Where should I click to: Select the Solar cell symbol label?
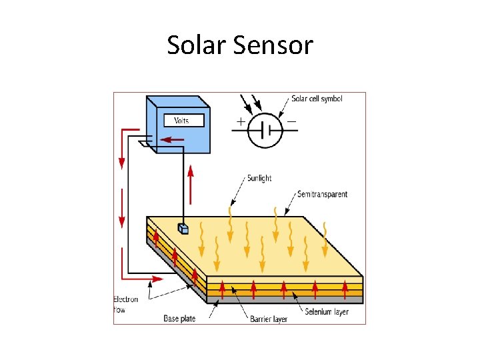tap(317, 99)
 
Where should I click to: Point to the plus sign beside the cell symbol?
tap(239, 122)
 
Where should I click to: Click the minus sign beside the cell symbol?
tap(292, 122)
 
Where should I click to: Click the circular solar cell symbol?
tap(265, 130)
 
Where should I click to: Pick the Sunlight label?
tap(259, 179)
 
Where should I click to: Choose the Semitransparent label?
tap(322, 195)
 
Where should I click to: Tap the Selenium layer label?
tap(327, 312)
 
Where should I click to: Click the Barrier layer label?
tap(269, 319)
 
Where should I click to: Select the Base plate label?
tap(179, 319)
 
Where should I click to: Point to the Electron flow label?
tap(125, 304)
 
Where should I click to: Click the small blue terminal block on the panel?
tap(184, 229)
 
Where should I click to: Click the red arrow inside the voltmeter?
tap(174, 140)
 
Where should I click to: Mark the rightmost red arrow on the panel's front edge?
tap(345, 289)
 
